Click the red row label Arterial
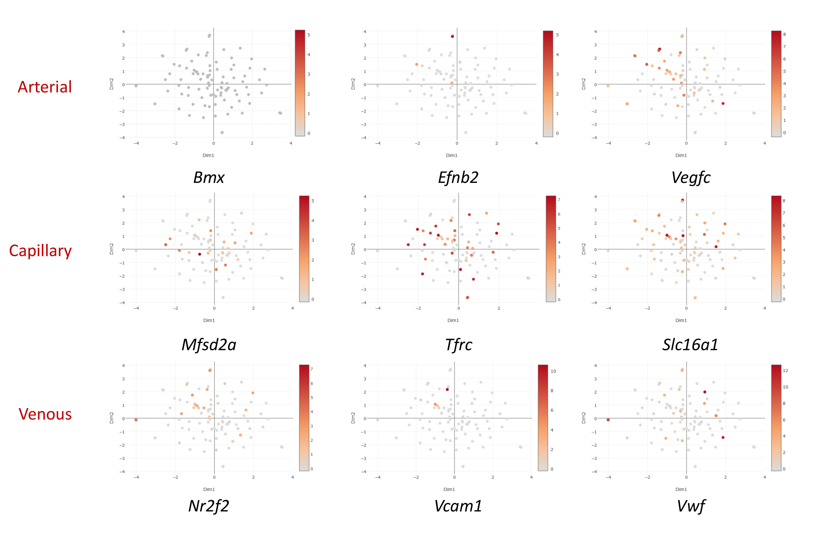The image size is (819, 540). [45, 87]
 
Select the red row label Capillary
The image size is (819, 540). [40, 251]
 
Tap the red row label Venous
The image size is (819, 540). [45, 414]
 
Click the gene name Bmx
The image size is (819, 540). [209, 178]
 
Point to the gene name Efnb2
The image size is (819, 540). [458, 178]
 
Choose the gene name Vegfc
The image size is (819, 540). [691, 178]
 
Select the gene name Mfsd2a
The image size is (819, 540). [209, 345]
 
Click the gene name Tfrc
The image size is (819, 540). [458, 345]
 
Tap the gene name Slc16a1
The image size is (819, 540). [690, 345]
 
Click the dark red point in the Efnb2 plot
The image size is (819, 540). [452, 36]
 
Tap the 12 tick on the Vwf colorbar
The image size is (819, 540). [785, 371]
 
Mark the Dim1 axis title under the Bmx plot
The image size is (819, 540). [208, 155]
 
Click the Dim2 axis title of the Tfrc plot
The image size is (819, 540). [353, 249]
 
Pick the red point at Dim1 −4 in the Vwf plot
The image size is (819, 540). [608, 420]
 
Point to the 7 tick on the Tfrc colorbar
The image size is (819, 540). [559, 200]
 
